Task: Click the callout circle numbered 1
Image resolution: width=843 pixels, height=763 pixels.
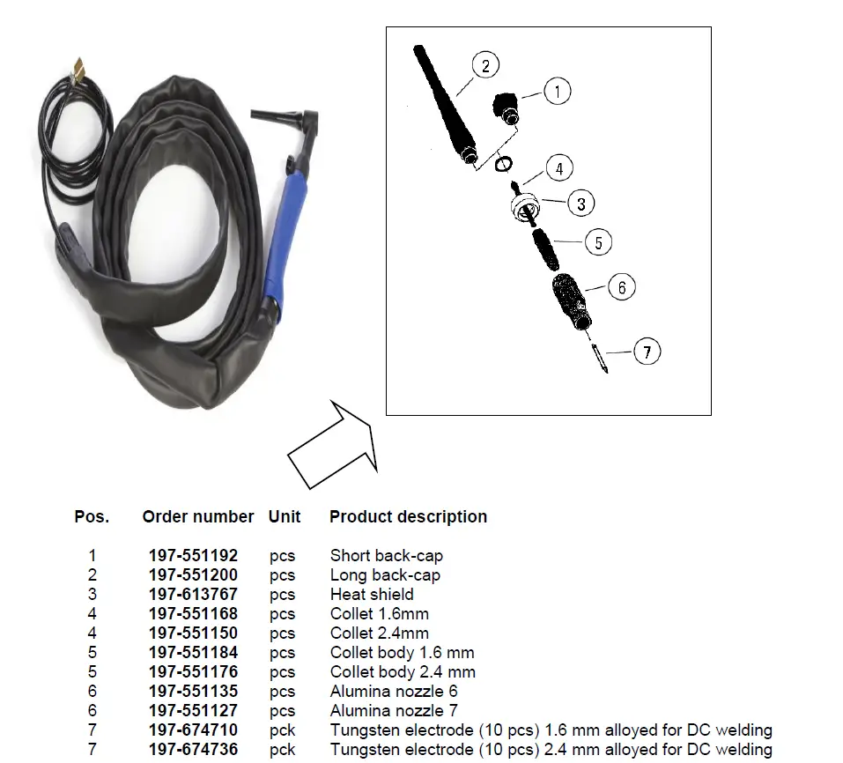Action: coord(557,91)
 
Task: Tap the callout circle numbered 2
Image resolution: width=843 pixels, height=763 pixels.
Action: coord(485,65)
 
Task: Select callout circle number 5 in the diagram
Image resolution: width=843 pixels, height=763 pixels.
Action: coord(598,242)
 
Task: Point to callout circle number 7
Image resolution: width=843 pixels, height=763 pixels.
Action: coord(647,352)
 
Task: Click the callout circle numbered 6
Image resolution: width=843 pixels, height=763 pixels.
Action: coord(622,287)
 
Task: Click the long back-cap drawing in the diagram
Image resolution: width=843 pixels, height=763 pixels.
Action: coord(444,107)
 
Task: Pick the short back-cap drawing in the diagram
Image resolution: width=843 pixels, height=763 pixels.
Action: coord(506,107)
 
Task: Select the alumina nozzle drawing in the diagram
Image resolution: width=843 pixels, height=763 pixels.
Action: coord(572,300)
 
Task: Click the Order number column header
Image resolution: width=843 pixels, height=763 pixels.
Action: coord(198,517)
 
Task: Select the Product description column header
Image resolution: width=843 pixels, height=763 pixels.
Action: coord(408,517)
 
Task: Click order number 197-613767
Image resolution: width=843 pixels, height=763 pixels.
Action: coord(193,595)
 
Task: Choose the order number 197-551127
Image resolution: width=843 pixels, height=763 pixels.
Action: coord(193,711)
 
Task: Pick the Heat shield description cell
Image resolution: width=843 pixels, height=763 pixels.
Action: coord(372,595)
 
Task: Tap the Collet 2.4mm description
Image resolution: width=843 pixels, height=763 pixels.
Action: coord(380,633)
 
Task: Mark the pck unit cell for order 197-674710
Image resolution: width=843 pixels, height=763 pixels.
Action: coord(283,730)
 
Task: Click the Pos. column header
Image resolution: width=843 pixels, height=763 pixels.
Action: coord(92,517)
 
